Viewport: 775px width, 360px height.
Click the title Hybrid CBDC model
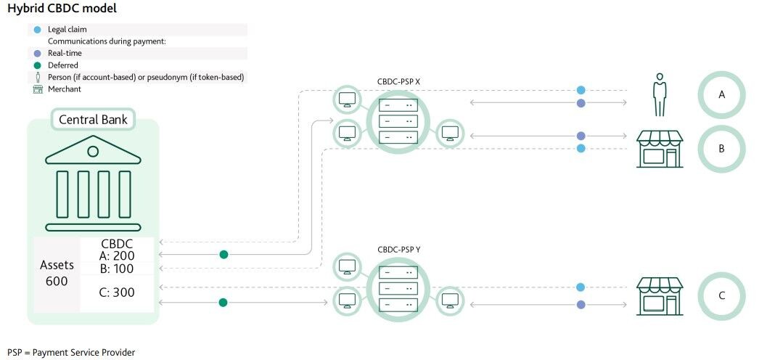pyautogui.click(x=62, y=9)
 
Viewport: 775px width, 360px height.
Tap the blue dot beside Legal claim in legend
pyautogui.click(x=38, y=30)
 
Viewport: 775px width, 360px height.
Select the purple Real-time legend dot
pyautogui.click(x=38, y=54)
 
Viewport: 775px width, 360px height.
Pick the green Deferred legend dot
pyautogui.click(x=38, y=65)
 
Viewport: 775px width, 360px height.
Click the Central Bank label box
pyautogui.click(x=93, y=119)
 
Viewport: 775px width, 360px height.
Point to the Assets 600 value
pyautogui.click(x=57, y=273)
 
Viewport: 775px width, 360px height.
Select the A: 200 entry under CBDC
pyautogui.click(x=118, y=255)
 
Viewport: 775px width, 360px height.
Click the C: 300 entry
pyautogui.click(x=117, y=292)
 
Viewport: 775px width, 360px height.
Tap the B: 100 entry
pyautogui.click(x=118, y=269)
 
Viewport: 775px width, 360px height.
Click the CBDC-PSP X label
pyautogui.click(x=398, y=81)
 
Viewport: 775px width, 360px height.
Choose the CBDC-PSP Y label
pyautogui.click(x=398, y=250)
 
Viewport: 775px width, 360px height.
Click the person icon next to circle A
pyautogui.click(x=660, y=95)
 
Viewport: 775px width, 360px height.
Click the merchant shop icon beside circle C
pyautogui.click(x=660, y=295)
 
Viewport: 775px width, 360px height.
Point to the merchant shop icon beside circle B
pyautogui.click(x=660, y=148)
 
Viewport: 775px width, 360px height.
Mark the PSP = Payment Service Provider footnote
pyautogui.click(x=71, y=353)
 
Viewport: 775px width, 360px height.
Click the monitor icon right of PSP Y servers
pyautogui.click(x=450, y=300)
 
